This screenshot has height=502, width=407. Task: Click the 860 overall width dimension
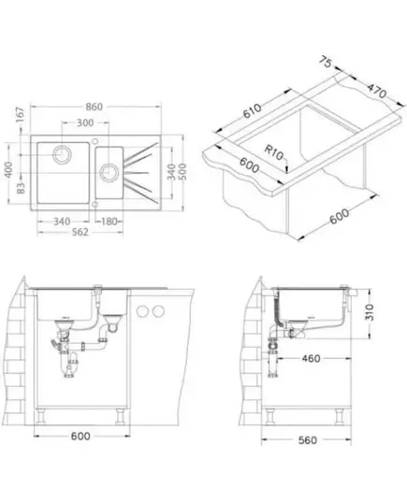[94, 107]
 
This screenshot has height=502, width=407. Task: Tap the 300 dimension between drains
[85, 122]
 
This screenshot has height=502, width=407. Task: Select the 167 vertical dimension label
[21, 115]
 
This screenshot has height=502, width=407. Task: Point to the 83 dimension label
[21, 188]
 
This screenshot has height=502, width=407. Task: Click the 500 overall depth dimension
[182, 171]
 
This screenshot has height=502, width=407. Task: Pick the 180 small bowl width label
[109, 222]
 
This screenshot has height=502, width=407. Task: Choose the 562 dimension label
[80, 232]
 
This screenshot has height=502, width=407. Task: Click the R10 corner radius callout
[274, 152]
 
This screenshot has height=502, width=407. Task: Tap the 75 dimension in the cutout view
[325, 62]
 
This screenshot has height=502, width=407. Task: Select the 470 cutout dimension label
[376, 91]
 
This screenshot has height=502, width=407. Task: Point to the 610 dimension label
[253, 110]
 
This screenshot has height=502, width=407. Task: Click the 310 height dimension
[370, 312]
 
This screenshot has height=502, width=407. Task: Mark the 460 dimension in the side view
[311, 359]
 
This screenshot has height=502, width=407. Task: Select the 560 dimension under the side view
[307, 440]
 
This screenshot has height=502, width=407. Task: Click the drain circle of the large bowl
[62, 154]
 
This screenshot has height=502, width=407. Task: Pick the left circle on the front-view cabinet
[142, 311]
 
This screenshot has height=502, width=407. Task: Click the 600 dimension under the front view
[80, 436]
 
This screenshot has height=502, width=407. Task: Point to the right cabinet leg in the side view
[339, 417]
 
